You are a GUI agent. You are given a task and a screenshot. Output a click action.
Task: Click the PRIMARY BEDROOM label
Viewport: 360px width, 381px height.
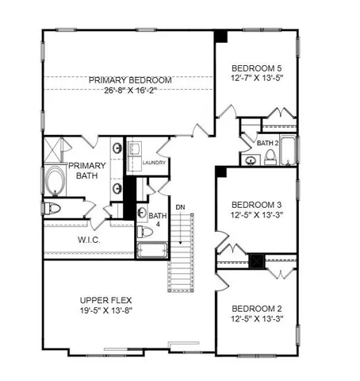(130, 80)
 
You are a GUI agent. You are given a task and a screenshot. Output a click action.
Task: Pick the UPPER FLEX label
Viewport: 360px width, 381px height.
(106, 300)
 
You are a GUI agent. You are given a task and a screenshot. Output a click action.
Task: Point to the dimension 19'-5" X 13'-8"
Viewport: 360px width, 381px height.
(106, 312)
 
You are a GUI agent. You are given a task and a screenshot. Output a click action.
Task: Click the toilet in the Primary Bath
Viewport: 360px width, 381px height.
(53, 209)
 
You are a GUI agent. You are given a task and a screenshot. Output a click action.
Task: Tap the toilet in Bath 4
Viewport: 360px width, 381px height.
(145, 232)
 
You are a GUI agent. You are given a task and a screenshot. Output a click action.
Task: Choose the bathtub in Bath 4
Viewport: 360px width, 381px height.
(151, 252)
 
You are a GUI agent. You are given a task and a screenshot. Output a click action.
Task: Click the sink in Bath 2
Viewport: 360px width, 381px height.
(251, 160)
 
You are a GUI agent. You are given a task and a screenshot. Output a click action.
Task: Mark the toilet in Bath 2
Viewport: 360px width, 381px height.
(270, 158)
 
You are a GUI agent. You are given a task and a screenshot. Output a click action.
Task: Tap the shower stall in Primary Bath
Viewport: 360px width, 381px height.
(56, 148)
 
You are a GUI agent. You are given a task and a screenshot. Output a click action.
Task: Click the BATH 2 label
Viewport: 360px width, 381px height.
(267, 143)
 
